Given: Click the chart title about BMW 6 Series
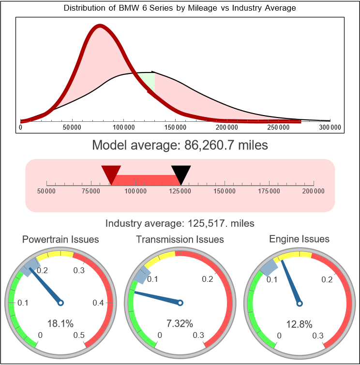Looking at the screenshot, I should pyautogui.click(x=180, y=8).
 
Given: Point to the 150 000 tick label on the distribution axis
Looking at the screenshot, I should pyautogui.click(x=175, y=127).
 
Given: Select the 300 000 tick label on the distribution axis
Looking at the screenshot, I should pyautogui.click(x=330, y=127).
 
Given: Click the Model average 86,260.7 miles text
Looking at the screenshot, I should pyautogui.click(x=180, y=145).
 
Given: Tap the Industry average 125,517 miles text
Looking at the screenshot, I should pyautogui.click(x=180, y=223).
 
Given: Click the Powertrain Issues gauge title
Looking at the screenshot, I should pyautogui.click(x=60, y=239).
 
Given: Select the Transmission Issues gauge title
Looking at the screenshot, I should pyautogui.click(x=180, y=239).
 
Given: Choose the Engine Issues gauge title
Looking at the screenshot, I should pyautogui.click(x=299, y=239).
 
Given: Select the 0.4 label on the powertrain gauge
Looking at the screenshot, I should pyautogui.click(x=98, y=303).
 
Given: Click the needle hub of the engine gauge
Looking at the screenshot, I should pyautogui.click(x=299, y=303).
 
